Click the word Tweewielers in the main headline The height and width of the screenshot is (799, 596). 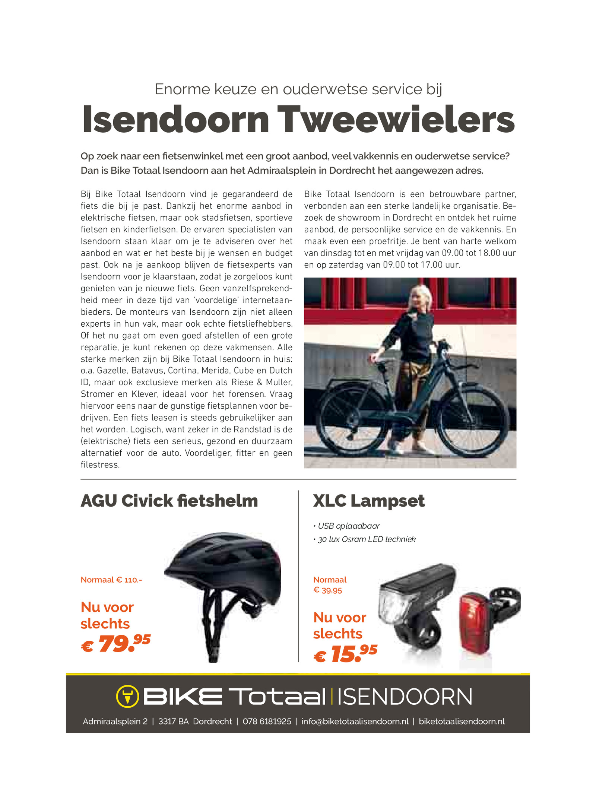[x=396, y=120]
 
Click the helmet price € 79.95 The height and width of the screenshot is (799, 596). [x=116, y=644]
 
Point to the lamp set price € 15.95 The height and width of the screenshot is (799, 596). [x=346, y=654]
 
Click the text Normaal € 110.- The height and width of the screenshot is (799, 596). [x=111, y=580]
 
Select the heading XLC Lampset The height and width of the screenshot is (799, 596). [x=369, y=501]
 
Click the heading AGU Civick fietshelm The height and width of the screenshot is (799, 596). [x=169, y=501]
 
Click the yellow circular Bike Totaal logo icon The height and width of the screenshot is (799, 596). [x=127, y=696]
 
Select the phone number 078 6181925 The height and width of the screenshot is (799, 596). [x=267, y=722]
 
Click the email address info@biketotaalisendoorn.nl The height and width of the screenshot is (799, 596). [x=355, y=722]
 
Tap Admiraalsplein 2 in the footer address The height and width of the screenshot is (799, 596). [x=115, y=722]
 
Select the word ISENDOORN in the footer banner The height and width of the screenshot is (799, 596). [x=405, y=697]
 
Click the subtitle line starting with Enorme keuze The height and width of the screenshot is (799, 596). [x=298, y=89]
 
